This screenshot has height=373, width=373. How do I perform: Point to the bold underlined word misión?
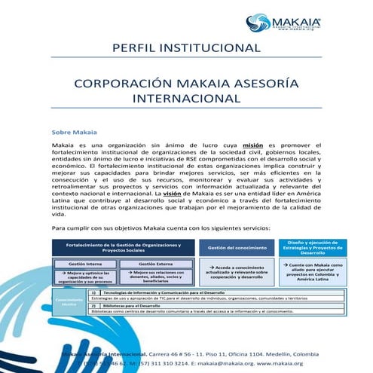(252, 144)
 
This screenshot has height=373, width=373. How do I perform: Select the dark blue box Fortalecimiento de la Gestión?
(124, 246)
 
